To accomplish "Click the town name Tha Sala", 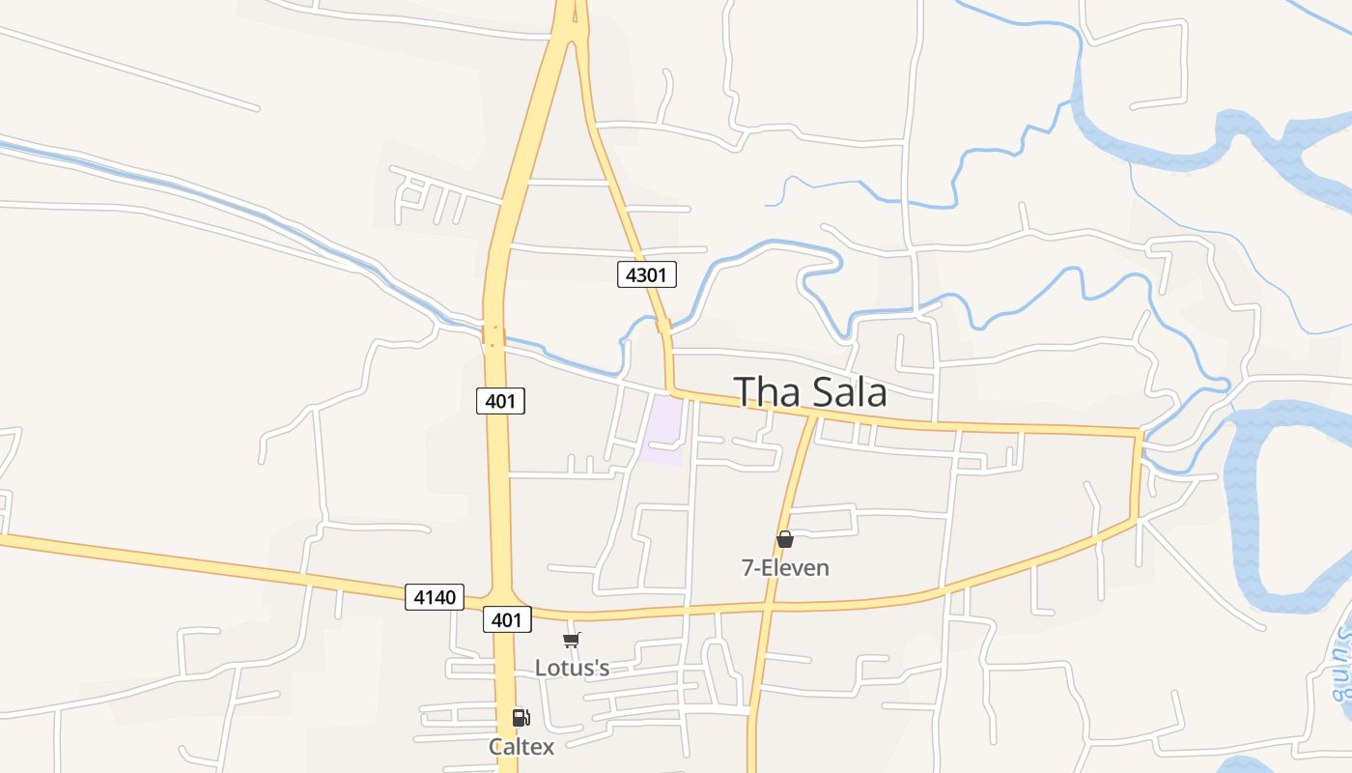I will tap(810, 392).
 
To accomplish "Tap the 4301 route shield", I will tap(647, 274).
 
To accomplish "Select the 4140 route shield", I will tap(434, 597).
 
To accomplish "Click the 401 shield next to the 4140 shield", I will tap(507, 619).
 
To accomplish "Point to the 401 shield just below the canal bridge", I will tap(500, 400).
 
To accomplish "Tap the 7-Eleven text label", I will tap(785, 567).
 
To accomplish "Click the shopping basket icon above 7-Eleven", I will tap(785, 539).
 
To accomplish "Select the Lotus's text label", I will tap(572, 668).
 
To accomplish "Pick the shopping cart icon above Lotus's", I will tap(572, 640).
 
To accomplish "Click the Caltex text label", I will tap(521, 747).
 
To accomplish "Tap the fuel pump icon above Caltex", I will tap(521, 717).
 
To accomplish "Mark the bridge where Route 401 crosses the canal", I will tap(493, 336).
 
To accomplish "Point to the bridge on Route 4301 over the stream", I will tap(664, 327).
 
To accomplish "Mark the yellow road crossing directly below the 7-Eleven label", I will tap(770, 606).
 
